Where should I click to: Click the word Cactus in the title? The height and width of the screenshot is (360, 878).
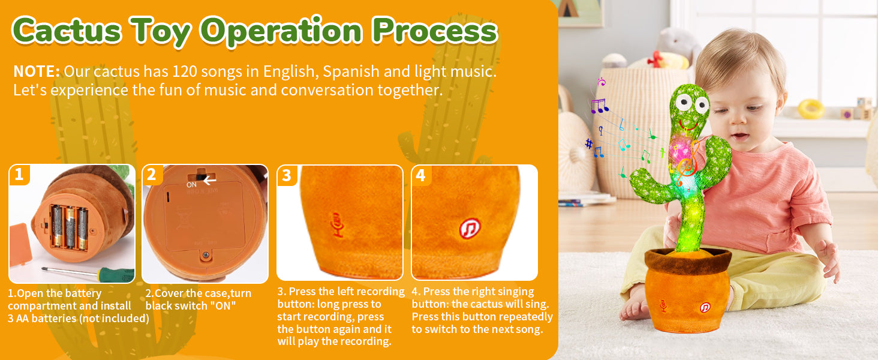67,31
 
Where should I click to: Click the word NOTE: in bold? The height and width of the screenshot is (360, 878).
37,71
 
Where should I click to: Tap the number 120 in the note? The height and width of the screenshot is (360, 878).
185,71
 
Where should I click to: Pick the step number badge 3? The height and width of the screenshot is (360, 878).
287,175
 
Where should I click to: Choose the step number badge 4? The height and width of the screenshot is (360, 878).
421,175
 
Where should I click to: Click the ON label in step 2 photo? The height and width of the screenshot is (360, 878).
191,185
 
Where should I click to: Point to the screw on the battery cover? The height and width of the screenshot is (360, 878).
205,256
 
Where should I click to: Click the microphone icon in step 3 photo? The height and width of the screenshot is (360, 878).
337,225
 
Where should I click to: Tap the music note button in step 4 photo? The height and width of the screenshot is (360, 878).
470,228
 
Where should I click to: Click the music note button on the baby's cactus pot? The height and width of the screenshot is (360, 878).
705,307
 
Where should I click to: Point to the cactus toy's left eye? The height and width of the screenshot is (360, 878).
684,101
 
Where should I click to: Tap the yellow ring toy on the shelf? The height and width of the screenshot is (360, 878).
811,109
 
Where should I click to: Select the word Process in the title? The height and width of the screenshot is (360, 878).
435,31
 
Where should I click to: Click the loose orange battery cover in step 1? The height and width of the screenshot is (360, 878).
20,245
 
